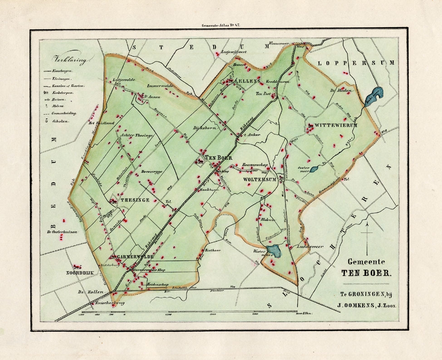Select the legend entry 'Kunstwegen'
click(x=64, y=71)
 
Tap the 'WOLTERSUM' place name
click(x=260, y=180)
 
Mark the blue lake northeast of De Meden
click(x=375, y=94)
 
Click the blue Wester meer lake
click(x=274, y=250)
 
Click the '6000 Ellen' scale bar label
click(x=303, y=313)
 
